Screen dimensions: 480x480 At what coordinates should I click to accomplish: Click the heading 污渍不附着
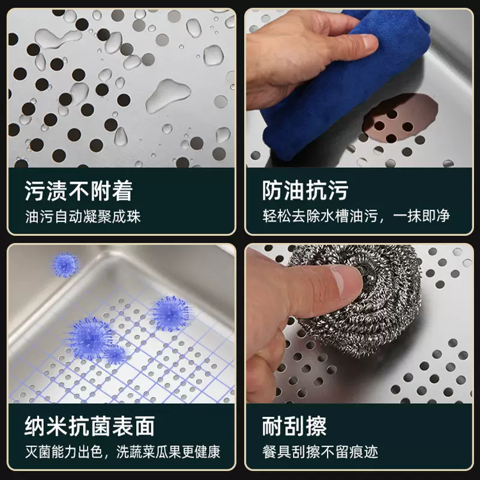79,191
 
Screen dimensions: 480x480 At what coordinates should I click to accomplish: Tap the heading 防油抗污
305,191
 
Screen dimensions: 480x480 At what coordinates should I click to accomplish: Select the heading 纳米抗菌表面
89,426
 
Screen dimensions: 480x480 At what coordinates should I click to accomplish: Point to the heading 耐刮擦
295,426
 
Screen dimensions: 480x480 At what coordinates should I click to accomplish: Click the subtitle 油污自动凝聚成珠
83,217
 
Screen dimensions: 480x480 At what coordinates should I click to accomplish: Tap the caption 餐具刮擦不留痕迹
320,452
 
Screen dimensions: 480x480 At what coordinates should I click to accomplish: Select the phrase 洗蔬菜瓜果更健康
168,452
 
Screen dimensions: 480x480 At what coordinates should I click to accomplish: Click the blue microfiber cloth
343,83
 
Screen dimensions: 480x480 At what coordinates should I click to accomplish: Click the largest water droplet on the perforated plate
168,95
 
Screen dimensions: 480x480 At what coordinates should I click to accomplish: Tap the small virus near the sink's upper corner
65,265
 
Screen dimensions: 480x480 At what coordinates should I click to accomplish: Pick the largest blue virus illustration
89,338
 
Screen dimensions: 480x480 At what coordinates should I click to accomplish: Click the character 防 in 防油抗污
272,191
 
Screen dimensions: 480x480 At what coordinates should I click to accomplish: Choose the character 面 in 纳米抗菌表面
145,426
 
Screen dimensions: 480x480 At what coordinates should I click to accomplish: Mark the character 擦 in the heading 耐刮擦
317,426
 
